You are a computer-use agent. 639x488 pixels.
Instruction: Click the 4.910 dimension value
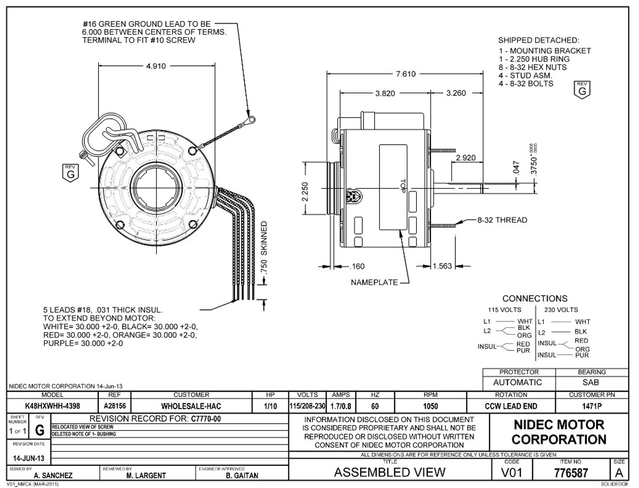pyautogui.click(x=156, y=66)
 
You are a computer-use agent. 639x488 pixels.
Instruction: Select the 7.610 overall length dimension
pyautogui.click(x=405, y=74)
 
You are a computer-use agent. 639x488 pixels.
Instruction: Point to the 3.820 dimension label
pyautogui.click(x=385, y=93)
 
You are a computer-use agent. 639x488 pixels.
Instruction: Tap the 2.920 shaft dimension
pyautogui.click(x=465, y=158)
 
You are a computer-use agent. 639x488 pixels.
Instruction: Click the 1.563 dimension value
pyautogui.click(x=442, y=266)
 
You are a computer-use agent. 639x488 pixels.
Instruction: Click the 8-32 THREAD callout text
pyautogui.click(x=502, y=220)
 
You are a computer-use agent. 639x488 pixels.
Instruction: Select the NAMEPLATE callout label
pyautogui.click(x=374, y=282)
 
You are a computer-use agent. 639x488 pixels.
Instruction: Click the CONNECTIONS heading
pyautogui.click(x=535, y=298)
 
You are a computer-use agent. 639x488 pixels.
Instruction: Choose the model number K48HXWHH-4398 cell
pyautogui.click(x=52, y=406)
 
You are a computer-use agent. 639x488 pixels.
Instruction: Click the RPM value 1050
pyautogui.click(x=430, y=406)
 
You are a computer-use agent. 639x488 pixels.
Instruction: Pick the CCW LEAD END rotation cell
pyautogui.click(x=511, y=406)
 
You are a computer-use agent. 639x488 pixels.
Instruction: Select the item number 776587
pyautogui.click(x=571, y=473)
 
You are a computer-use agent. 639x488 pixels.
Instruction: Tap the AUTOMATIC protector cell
pyautogui.click(x=517, y=383)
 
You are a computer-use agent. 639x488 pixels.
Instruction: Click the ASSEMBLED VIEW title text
pyautogui.click(x=389, y=472)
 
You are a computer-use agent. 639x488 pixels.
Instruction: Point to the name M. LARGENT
pyautogui.click(x=147, y=476)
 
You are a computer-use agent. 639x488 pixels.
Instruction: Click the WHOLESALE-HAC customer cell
pyautogui.click(x=191, y=406)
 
